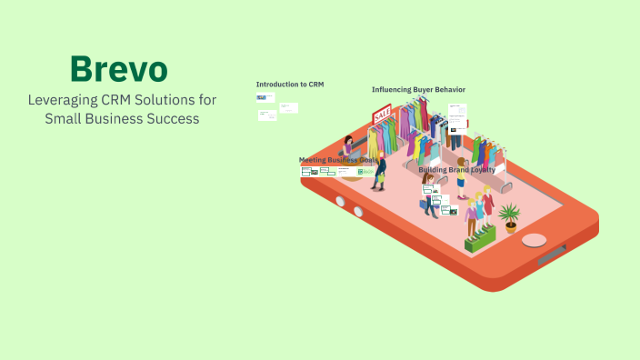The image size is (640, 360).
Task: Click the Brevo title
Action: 118,70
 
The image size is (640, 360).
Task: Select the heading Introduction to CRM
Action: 290,85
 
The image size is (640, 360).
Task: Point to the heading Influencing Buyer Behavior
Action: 418,89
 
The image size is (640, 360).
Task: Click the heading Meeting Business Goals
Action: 337,160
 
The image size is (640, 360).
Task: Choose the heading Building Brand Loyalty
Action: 457,169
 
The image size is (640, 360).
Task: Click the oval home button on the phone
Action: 535,240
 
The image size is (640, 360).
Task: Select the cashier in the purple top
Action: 349,148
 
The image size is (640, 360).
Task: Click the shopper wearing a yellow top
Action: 462,178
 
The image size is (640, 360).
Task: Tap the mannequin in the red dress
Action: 488,205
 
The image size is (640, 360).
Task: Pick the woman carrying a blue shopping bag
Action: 428,195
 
